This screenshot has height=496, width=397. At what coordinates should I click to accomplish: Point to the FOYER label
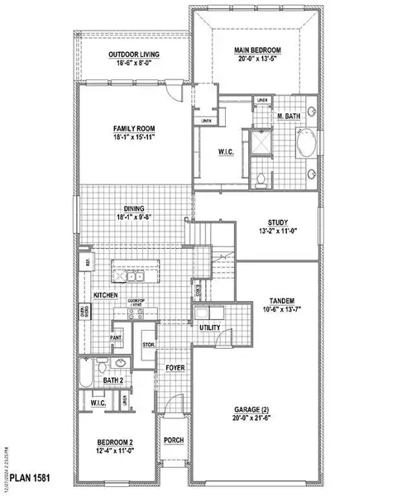[x=175, y=367]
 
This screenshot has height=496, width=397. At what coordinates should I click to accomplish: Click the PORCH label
[x=174, y=441]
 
